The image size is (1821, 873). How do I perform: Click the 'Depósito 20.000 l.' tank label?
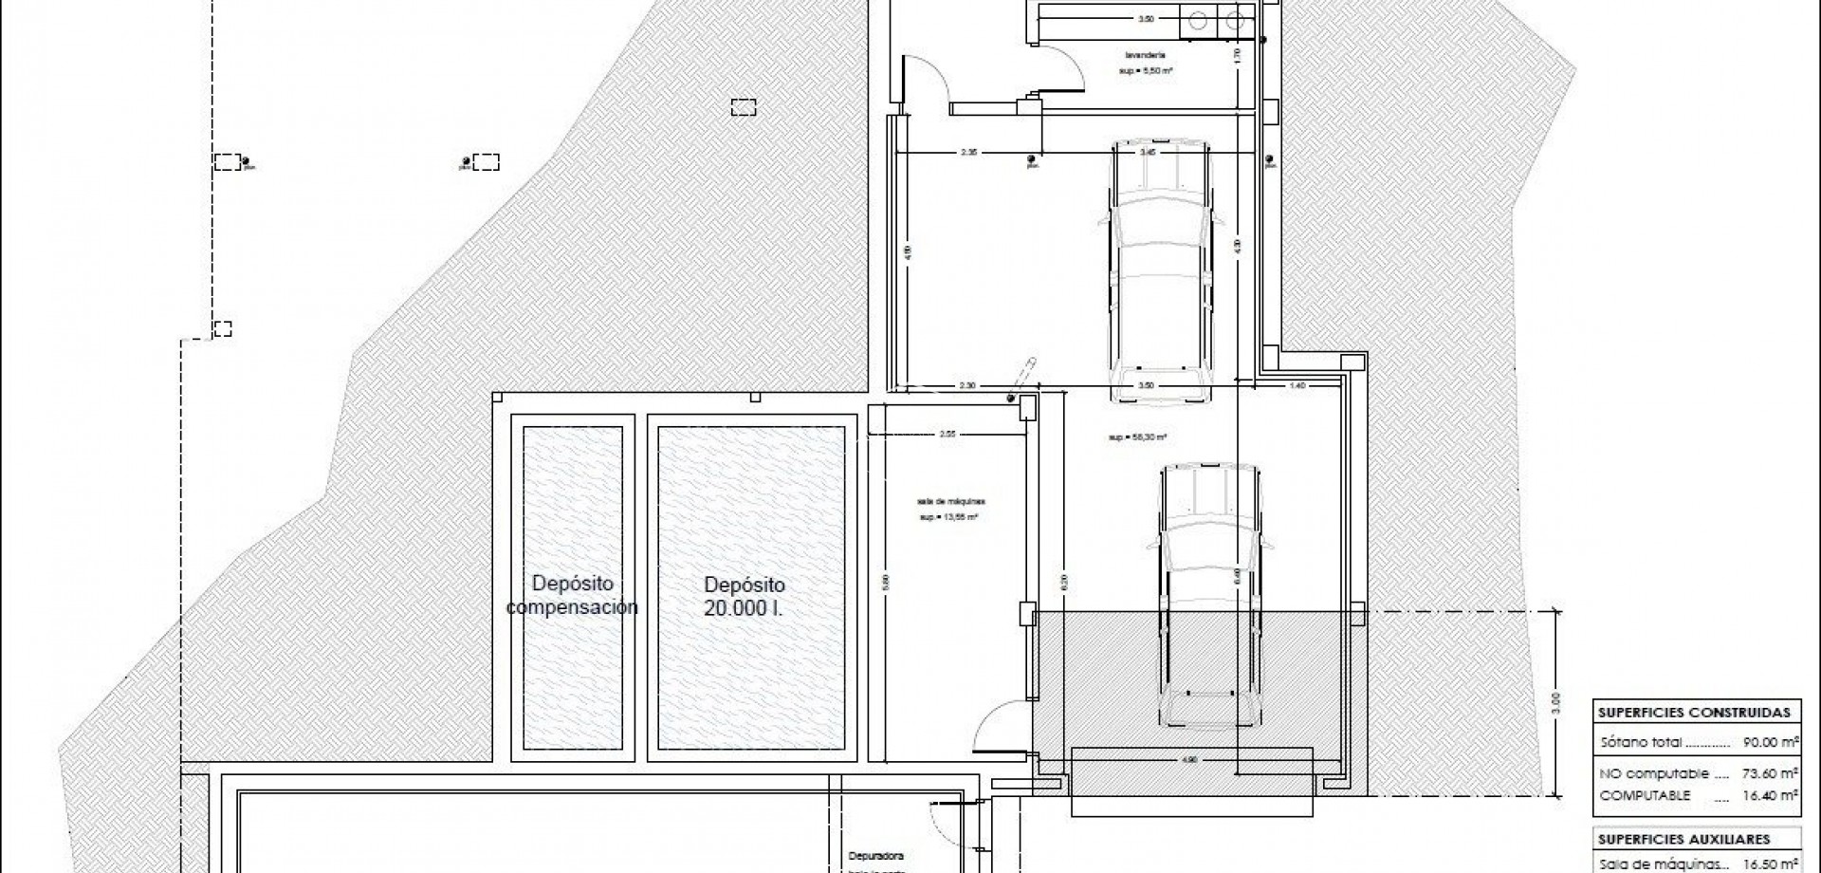click(x=745, y=597)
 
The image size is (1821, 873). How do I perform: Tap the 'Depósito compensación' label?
click(x=572, y=595)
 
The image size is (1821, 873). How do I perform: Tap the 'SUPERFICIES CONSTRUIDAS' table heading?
click(x=1694, y=713)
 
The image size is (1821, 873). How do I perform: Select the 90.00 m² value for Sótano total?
click(x=1771, y=742)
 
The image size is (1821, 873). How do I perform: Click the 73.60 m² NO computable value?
click(x=1771, y=773)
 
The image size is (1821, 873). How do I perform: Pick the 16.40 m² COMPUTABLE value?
click(x=1771, y=796)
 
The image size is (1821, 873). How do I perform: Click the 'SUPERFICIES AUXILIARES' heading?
click(x=1683, y=840)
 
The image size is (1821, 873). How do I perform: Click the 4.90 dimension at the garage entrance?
click(x=1191, y=760)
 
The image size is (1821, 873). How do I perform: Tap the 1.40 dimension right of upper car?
click(x=1297, y=386)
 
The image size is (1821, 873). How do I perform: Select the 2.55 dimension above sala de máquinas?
click(x=947, y=435)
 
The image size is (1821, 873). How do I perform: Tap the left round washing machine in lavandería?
click(x=1201, y=18)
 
